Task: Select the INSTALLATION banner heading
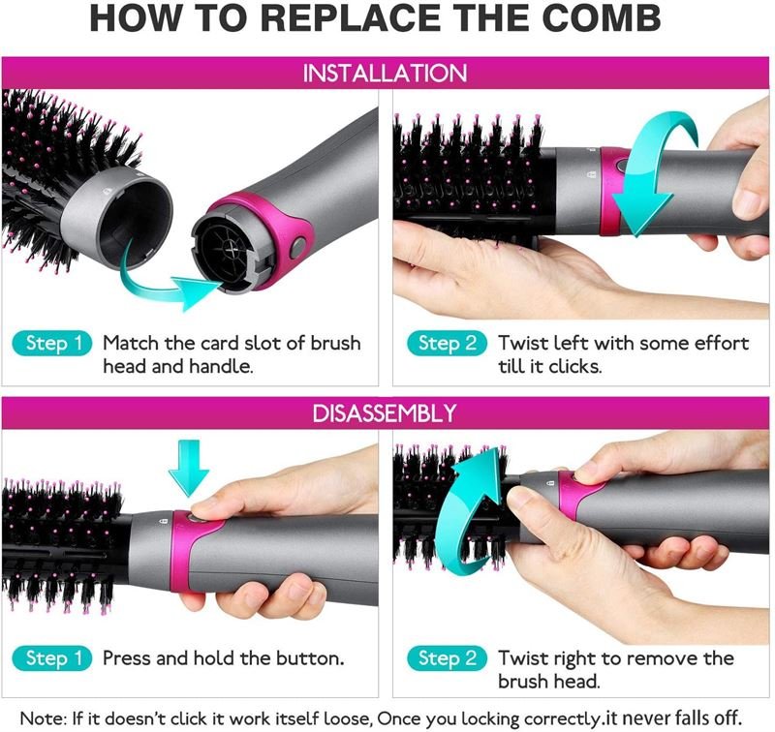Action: tap(385, 73)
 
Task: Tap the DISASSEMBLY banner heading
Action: tap(385, 413)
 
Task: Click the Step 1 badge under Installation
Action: tap(53, 344)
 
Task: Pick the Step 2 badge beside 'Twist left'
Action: tap(447, 344)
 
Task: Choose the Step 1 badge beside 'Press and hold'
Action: tap(53, 658)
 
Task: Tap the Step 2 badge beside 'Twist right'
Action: tap(447, 658)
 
